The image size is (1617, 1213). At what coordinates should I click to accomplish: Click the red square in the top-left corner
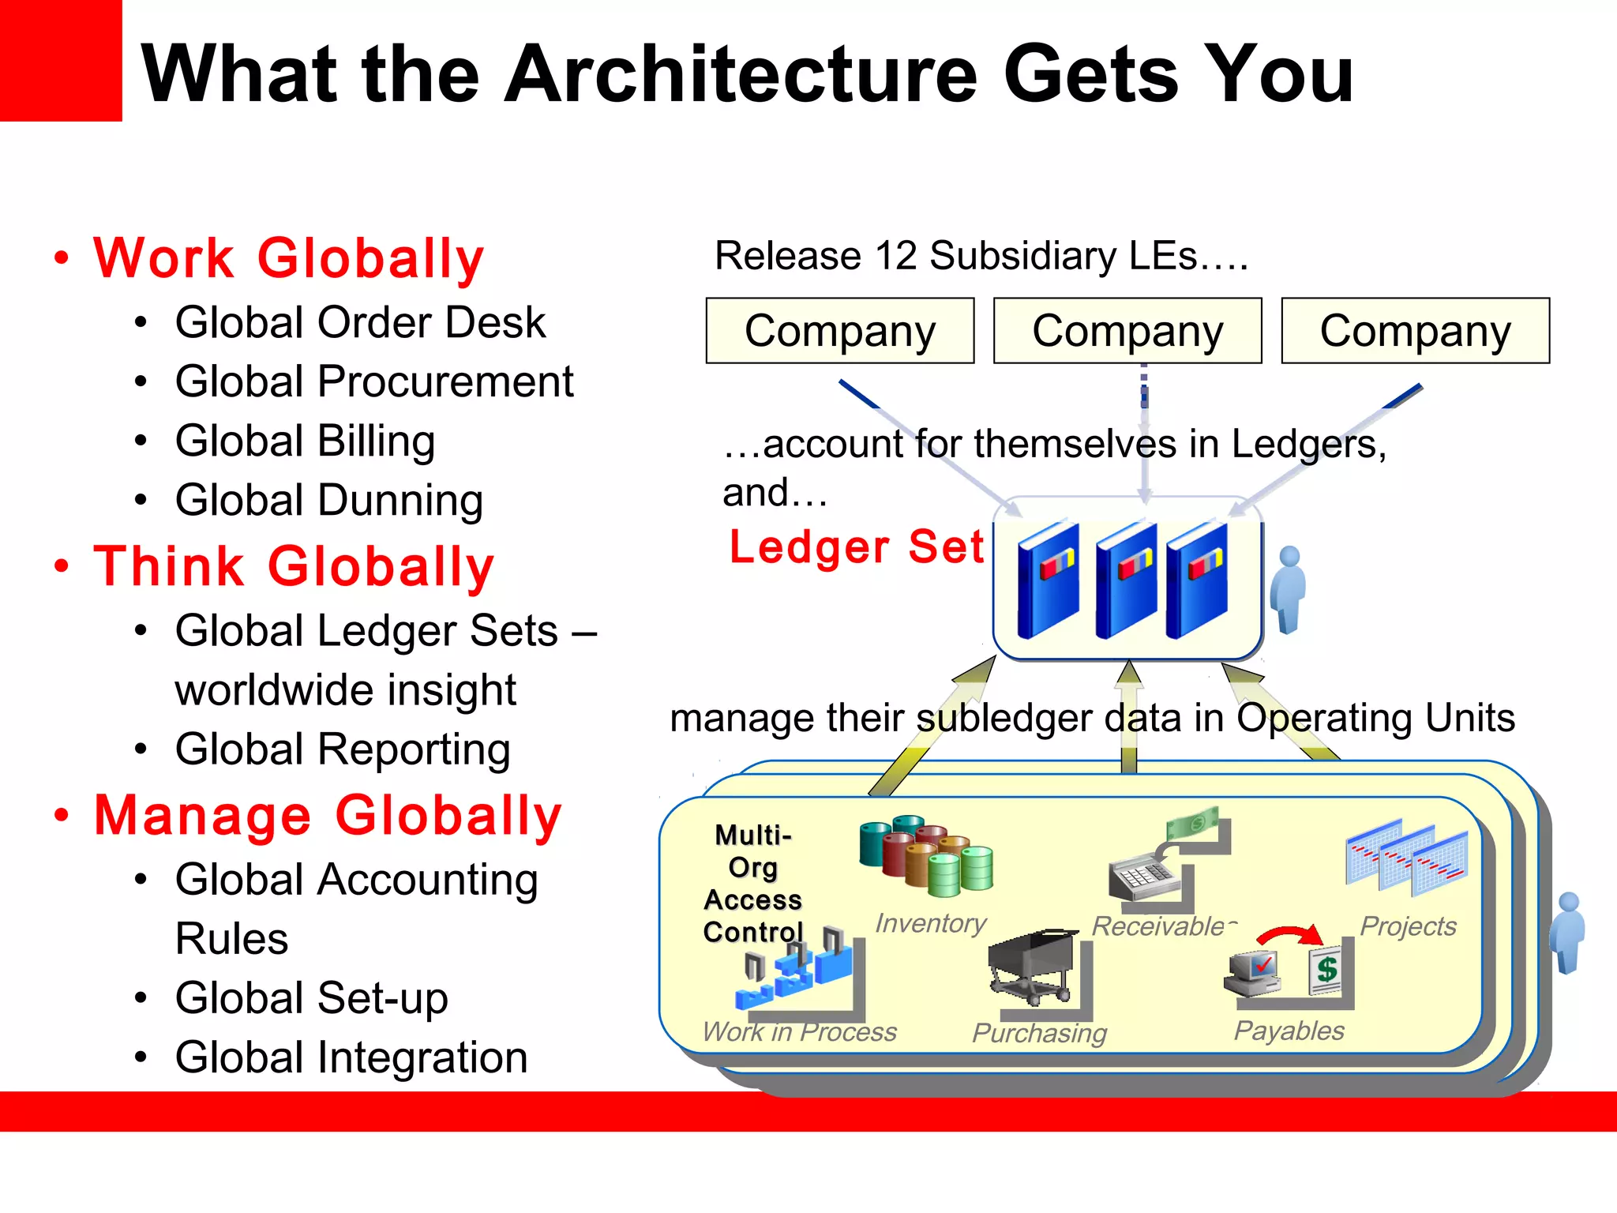[x=60, y=60]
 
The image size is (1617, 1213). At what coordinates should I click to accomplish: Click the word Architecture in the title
[x=741, y=74]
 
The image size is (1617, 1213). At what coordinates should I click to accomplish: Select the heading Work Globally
[x=288, y=258]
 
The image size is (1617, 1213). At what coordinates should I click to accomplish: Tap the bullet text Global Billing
[x=305, y=441]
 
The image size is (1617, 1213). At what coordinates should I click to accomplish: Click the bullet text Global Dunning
[x=328, y=500]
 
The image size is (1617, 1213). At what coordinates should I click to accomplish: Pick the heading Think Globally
[x=294, y=566]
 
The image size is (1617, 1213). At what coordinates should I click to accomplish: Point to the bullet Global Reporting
[x=342, y=749]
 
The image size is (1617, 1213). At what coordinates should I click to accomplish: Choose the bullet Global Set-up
[x=311, y=997]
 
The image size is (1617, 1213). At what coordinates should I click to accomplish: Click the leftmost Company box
[x=840, y=331]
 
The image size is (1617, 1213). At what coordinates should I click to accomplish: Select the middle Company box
[x=1127, y=331]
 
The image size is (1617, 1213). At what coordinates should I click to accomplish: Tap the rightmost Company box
[x=1415, y=331]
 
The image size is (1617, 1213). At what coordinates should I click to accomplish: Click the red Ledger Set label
[x=856, y=546]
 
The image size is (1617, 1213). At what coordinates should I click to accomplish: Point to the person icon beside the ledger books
[x=1289, y=588]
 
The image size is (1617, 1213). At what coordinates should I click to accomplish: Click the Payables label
[x=1289, y=1031]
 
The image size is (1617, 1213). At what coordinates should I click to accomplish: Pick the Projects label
[x=1408, y=926]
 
